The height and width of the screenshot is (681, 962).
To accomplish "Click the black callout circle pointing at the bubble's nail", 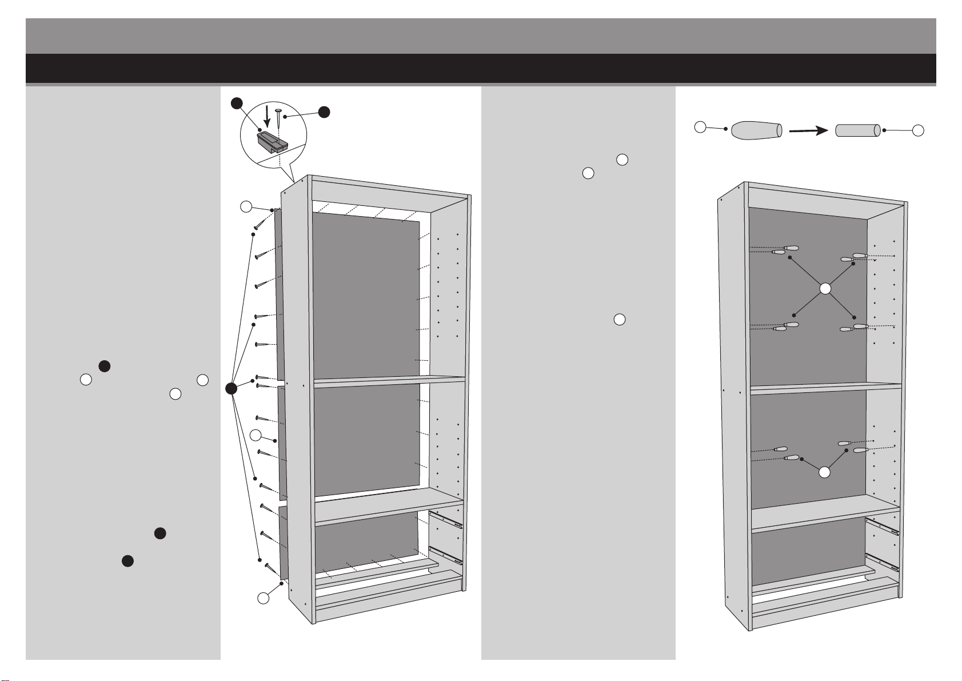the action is (x=324, y=112).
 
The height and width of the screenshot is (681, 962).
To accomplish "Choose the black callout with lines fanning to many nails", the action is (x=231, y=389).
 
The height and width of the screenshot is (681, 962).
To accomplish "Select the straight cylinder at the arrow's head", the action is (x=857, y=130).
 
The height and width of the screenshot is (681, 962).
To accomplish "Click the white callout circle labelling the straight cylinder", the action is (x=917, y=131).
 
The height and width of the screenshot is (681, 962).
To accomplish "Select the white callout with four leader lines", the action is (x=824, y=289).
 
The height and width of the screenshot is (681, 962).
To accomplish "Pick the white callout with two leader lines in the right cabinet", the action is (x=824, y=472).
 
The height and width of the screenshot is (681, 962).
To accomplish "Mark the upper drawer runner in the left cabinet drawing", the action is (x=445, y=519).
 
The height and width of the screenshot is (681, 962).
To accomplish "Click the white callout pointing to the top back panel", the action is (x=246, y=207).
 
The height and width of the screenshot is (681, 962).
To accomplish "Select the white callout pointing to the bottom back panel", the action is (x=262, y=598).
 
